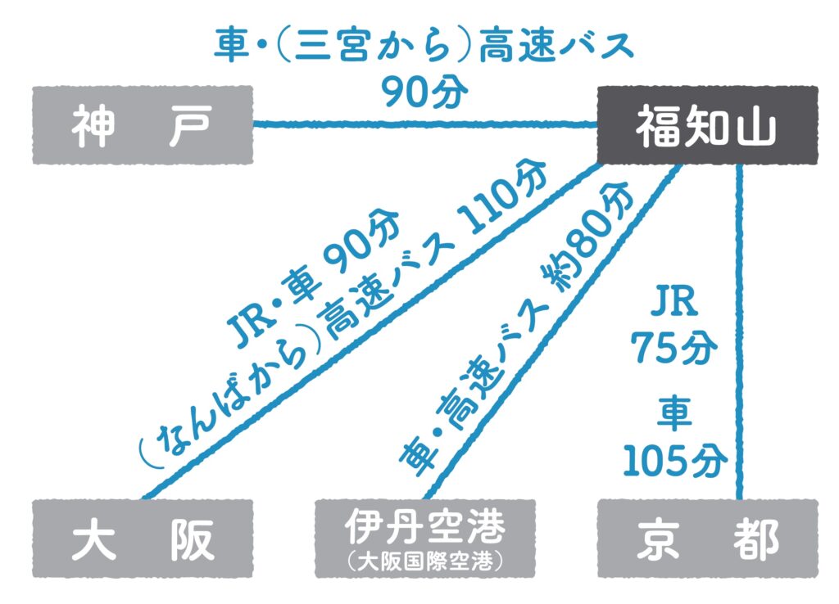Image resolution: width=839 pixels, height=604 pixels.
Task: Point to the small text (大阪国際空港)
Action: [x=424, y=561]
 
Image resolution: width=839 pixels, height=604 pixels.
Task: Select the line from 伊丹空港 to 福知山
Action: [x=549, y=336]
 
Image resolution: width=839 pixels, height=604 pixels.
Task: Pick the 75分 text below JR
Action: [x=673, y=349]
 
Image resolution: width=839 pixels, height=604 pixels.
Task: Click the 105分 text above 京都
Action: [x=673, y=462]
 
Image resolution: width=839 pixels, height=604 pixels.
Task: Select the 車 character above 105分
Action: [x=673, y=417]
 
